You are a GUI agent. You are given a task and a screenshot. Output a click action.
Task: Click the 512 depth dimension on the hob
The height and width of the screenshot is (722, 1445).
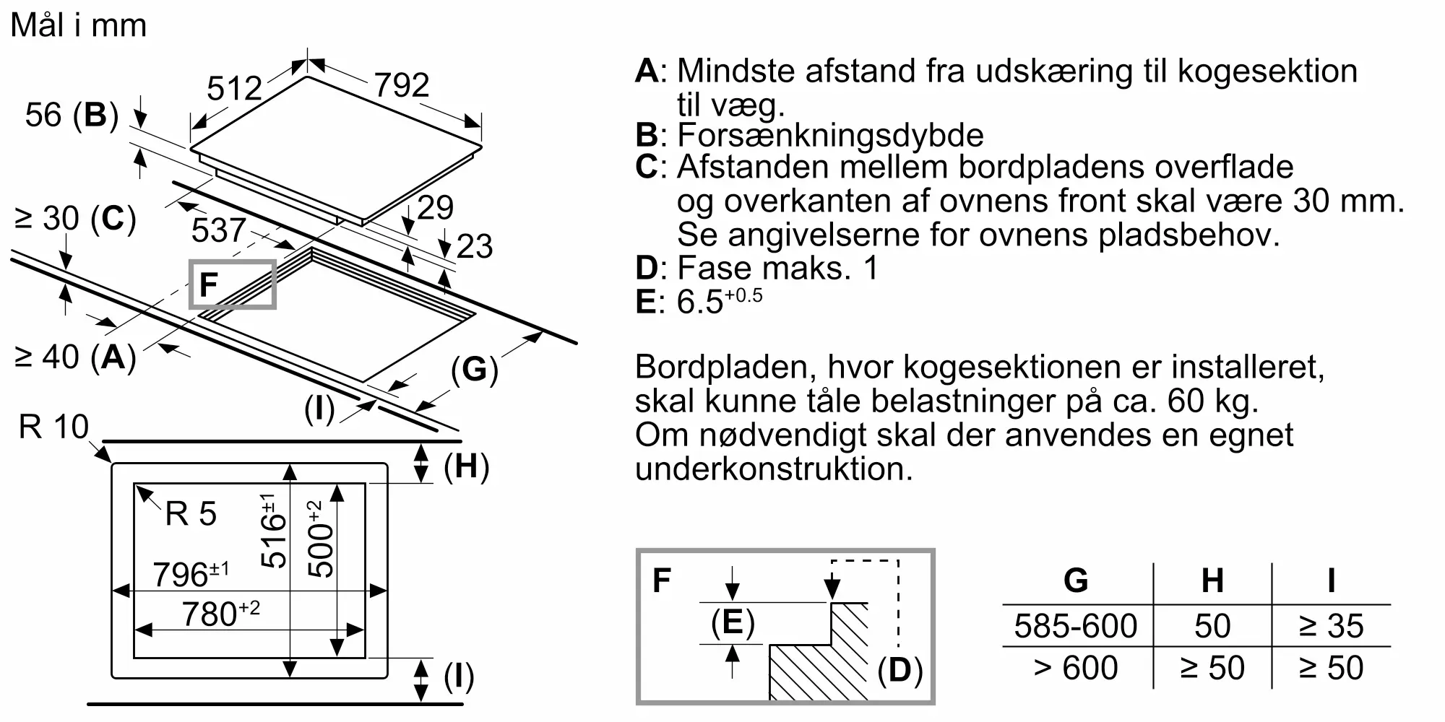click(x=234, y=88)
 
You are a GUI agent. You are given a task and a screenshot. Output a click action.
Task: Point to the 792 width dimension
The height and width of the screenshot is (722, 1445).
click(x=402, y=84)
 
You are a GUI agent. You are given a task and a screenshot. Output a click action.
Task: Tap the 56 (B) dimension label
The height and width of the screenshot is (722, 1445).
click(x=72, y=116)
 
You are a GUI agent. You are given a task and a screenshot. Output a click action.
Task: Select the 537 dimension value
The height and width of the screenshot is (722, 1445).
click(x=219, y=230)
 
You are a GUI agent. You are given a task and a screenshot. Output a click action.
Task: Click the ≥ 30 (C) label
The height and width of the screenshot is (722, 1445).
click(x=75, y=218)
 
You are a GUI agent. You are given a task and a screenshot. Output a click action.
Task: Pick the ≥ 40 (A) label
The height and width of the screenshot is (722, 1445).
click(x=75, y=357)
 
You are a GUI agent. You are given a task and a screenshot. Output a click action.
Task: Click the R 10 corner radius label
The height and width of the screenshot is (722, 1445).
click(x=53, y=427)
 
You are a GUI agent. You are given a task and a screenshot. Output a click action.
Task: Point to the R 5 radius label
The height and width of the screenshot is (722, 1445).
click(x=191, y=514)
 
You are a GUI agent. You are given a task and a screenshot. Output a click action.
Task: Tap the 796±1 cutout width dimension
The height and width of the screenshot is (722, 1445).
click(x=191, y=575)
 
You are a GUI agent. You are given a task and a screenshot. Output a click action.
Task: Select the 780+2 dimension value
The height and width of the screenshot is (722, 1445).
click(x=220, y=614)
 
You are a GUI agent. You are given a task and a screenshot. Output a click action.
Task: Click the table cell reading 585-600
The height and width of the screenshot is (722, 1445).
click(x=1076, y=626)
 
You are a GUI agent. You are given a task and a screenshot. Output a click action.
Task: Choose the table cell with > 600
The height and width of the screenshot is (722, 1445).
click(x=1076, y=668)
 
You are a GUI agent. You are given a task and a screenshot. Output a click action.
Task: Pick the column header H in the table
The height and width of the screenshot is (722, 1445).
click(x=1212, y=580)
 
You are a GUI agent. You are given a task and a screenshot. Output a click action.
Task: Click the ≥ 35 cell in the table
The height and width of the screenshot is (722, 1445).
click(x=1331, y=626)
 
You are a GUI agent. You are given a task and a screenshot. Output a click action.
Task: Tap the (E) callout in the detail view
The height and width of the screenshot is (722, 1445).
click(x=733, y=622)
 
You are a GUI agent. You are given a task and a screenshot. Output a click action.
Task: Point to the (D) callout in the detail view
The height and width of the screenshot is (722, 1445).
click(x=900, y=671)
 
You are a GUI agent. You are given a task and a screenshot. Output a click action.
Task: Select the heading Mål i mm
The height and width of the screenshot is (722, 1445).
click(x=79, y=26)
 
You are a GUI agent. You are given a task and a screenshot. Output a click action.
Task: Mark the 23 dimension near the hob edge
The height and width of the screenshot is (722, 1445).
click(x=475, y=246)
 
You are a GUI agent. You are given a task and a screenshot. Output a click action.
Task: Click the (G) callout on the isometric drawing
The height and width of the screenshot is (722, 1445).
click(x=475, y=370)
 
